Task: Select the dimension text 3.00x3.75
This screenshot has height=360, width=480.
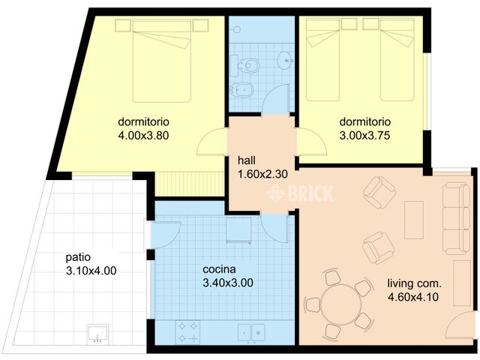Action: [x=364, y=136]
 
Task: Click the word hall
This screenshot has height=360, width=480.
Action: [x=247, y=160]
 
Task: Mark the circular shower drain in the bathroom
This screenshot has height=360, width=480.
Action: [x=236, y=29]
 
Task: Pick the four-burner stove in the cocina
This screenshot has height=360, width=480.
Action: [x=187, y=331]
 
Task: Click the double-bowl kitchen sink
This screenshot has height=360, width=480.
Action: [x=252, y=331]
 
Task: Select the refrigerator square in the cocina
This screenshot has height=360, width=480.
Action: [x=239, y=230]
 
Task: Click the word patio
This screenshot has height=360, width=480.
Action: [x=79, y=257]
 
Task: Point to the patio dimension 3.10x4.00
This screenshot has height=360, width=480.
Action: [x=90, y=271]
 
